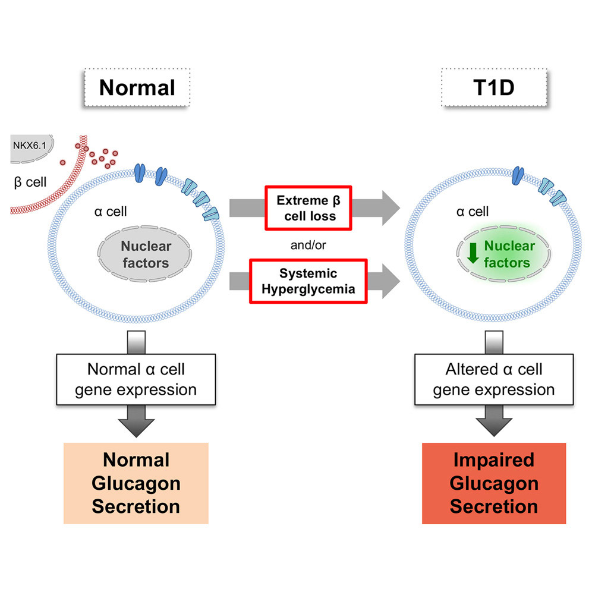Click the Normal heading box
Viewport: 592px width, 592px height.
point(137,87)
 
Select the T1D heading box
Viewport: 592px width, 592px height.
point(494,87)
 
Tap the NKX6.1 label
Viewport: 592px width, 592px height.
point(30,146)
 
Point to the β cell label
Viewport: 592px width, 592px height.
point(30,182)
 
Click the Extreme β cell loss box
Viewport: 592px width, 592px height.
point(308,207)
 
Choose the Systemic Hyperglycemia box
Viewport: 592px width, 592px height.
point(308,281)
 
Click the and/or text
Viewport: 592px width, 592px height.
point(308,245)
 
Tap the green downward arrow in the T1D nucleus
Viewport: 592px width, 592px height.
point(473,253)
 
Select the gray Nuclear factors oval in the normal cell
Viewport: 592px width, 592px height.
point(144,254)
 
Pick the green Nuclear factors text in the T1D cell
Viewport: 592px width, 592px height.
point(509,254)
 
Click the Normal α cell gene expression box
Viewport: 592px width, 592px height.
point(136,379)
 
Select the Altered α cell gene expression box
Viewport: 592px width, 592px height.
point(494,379)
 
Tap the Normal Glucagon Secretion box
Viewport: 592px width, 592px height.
point(136,483)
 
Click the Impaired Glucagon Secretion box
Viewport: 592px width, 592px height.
point(494,483)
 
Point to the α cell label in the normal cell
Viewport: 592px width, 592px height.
point(110,212)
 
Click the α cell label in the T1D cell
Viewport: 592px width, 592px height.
point(473,212)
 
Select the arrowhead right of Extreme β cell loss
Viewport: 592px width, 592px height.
point(391,207)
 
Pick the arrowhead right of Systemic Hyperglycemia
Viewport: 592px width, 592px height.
point(391,281)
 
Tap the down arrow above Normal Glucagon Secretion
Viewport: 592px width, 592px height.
point(136,421)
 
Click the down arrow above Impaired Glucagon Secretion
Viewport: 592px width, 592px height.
point(494,421)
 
